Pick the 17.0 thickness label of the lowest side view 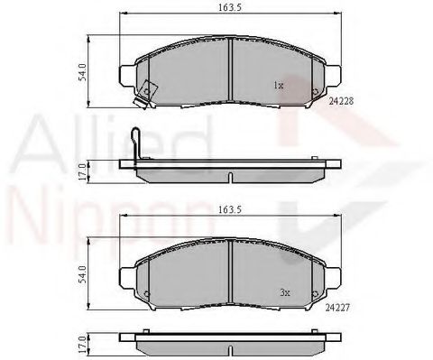[x=82, y=344]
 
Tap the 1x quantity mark [x=279, y=85]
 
